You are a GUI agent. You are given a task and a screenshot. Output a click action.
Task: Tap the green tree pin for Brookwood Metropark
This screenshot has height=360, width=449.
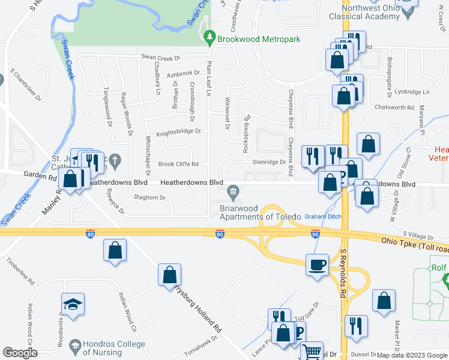(209, 38)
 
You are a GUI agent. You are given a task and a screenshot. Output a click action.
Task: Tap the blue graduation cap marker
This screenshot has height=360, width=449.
(73, 305)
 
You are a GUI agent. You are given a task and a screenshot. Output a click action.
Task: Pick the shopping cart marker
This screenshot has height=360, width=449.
(311, 352)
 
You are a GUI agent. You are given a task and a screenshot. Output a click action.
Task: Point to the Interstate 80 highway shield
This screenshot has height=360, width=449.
(90, 233)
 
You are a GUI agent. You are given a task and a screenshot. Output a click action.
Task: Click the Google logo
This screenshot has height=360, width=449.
(20, 353)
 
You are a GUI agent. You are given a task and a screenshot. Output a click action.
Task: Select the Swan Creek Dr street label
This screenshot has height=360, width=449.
(161, 58)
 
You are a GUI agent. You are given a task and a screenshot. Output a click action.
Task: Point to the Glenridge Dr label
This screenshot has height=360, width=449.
(269, 162)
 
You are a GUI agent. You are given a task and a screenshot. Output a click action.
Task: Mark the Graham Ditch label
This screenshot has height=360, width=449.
(322, 216)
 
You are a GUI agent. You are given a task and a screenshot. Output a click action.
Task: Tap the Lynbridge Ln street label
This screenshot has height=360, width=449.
(412, 92)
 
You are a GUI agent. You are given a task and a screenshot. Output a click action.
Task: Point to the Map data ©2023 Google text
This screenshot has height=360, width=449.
(412, 355)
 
